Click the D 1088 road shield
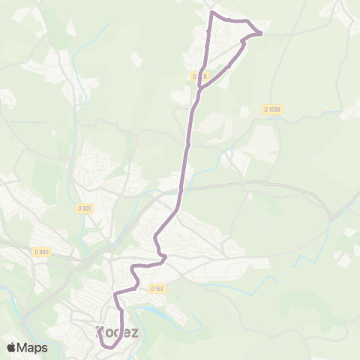272,109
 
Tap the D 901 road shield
84,208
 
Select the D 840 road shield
42,252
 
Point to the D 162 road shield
156,288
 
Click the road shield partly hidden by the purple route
199,76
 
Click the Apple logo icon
11,347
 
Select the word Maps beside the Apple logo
33,347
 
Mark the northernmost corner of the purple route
212,13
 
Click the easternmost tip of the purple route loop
261,33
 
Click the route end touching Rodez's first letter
100,331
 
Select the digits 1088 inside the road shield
275,109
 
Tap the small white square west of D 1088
244,111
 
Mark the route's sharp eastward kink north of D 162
162,256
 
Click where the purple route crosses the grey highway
181,188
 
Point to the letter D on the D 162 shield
151,288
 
